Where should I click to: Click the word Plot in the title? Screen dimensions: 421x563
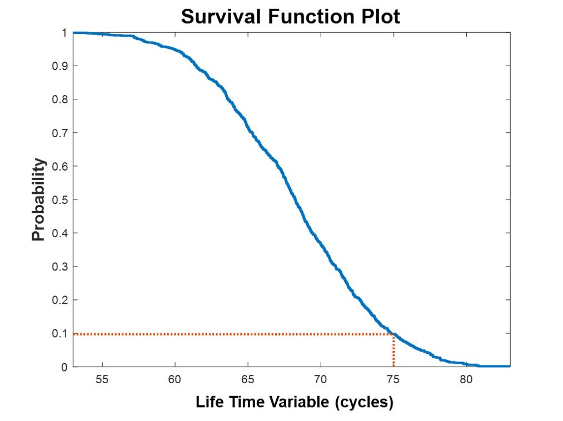pyautogui.click(x=381, y=17)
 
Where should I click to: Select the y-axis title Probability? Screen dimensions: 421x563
pyautogui.click(x=38, y=199)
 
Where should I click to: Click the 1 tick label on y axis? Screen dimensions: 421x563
pyautogui.click(x=64, y=33)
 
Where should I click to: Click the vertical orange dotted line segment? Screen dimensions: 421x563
pyautogui.click(x=393, y=351)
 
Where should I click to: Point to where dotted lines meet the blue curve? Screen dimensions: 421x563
pyautogui.click(x=393, y=334)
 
